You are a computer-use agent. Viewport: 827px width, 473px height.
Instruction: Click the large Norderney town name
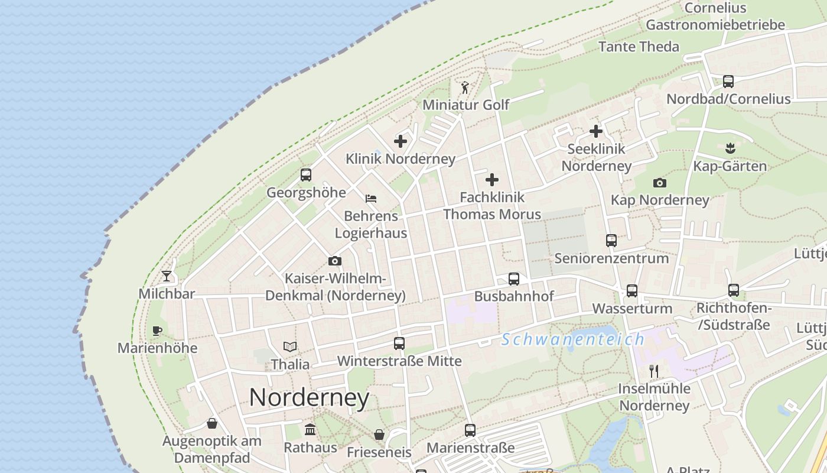pos(309,397)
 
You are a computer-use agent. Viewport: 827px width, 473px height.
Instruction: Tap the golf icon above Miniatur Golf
pos(465,88)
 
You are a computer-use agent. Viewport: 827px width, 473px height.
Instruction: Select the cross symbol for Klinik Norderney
pos(401,141)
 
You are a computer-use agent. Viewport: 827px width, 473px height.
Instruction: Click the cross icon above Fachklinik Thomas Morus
pos(492,180)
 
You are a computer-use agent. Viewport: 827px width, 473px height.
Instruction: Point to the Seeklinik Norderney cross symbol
pos(596,131)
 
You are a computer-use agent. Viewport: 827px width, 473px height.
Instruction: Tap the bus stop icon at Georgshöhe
pos(306,175)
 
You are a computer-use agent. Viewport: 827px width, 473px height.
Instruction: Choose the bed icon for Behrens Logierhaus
pos(371,199)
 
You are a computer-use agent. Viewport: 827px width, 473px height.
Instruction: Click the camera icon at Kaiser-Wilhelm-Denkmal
pos(334,261)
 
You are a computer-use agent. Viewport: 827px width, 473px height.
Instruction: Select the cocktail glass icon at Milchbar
pos(167,276)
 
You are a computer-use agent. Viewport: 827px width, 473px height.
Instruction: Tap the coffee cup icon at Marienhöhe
pos(157,331)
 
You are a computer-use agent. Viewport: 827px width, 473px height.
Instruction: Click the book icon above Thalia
pos(289,346)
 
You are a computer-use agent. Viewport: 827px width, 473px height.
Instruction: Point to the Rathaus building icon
pos(310,430)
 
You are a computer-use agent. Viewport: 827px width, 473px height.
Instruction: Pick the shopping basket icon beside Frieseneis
pos(379,435)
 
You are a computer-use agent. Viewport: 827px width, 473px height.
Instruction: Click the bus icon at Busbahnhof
pos(514,279)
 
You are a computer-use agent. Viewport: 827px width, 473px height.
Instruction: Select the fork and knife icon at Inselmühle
pos(654,371)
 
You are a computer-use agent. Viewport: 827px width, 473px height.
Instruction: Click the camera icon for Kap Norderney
pos(660,183)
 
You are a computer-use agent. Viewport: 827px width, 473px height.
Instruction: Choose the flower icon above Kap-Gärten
pos(730,148)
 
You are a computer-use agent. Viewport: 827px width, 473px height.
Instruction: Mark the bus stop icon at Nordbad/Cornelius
pos(728,82)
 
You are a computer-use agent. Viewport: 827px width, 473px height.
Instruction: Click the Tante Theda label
pos(639,47)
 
